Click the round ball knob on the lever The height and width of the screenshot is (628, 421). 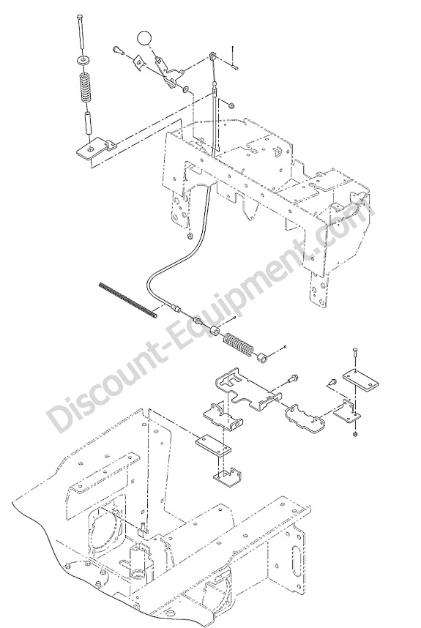click(x=144, y=39)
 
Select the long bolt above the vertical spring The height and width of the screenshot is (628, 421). click(x=81, y=32)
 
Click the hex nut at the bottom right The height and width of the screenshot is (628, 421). click(x=356, y=435)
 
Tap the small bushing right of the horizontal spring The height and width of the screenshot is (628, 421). click(x=262, y=356)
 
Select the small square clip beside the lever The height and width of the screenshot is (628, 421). click(x=139, y=63)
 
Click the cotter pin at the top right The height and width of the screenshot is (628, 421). click(x=233, y=57)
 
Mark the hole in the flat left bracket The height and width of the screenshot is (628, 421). click(x=92, y=149)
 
